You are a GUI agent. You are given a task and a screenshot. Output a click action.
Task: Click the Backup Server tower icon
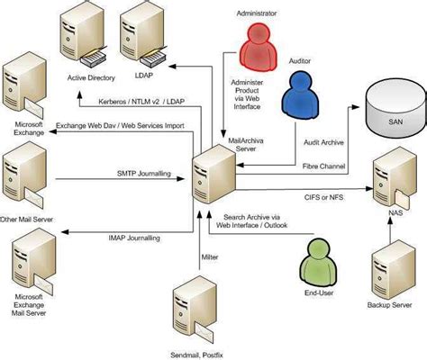tap(391, 269)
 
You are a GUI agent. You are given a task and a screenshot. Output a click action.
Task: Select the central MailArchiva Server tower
tap(214, 167)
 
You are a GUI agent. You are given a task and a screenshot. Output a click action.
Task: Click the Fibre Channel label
tap(322, 166)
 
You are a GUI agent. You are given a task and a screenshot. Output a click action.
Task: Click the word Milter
tap(210, 257)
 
